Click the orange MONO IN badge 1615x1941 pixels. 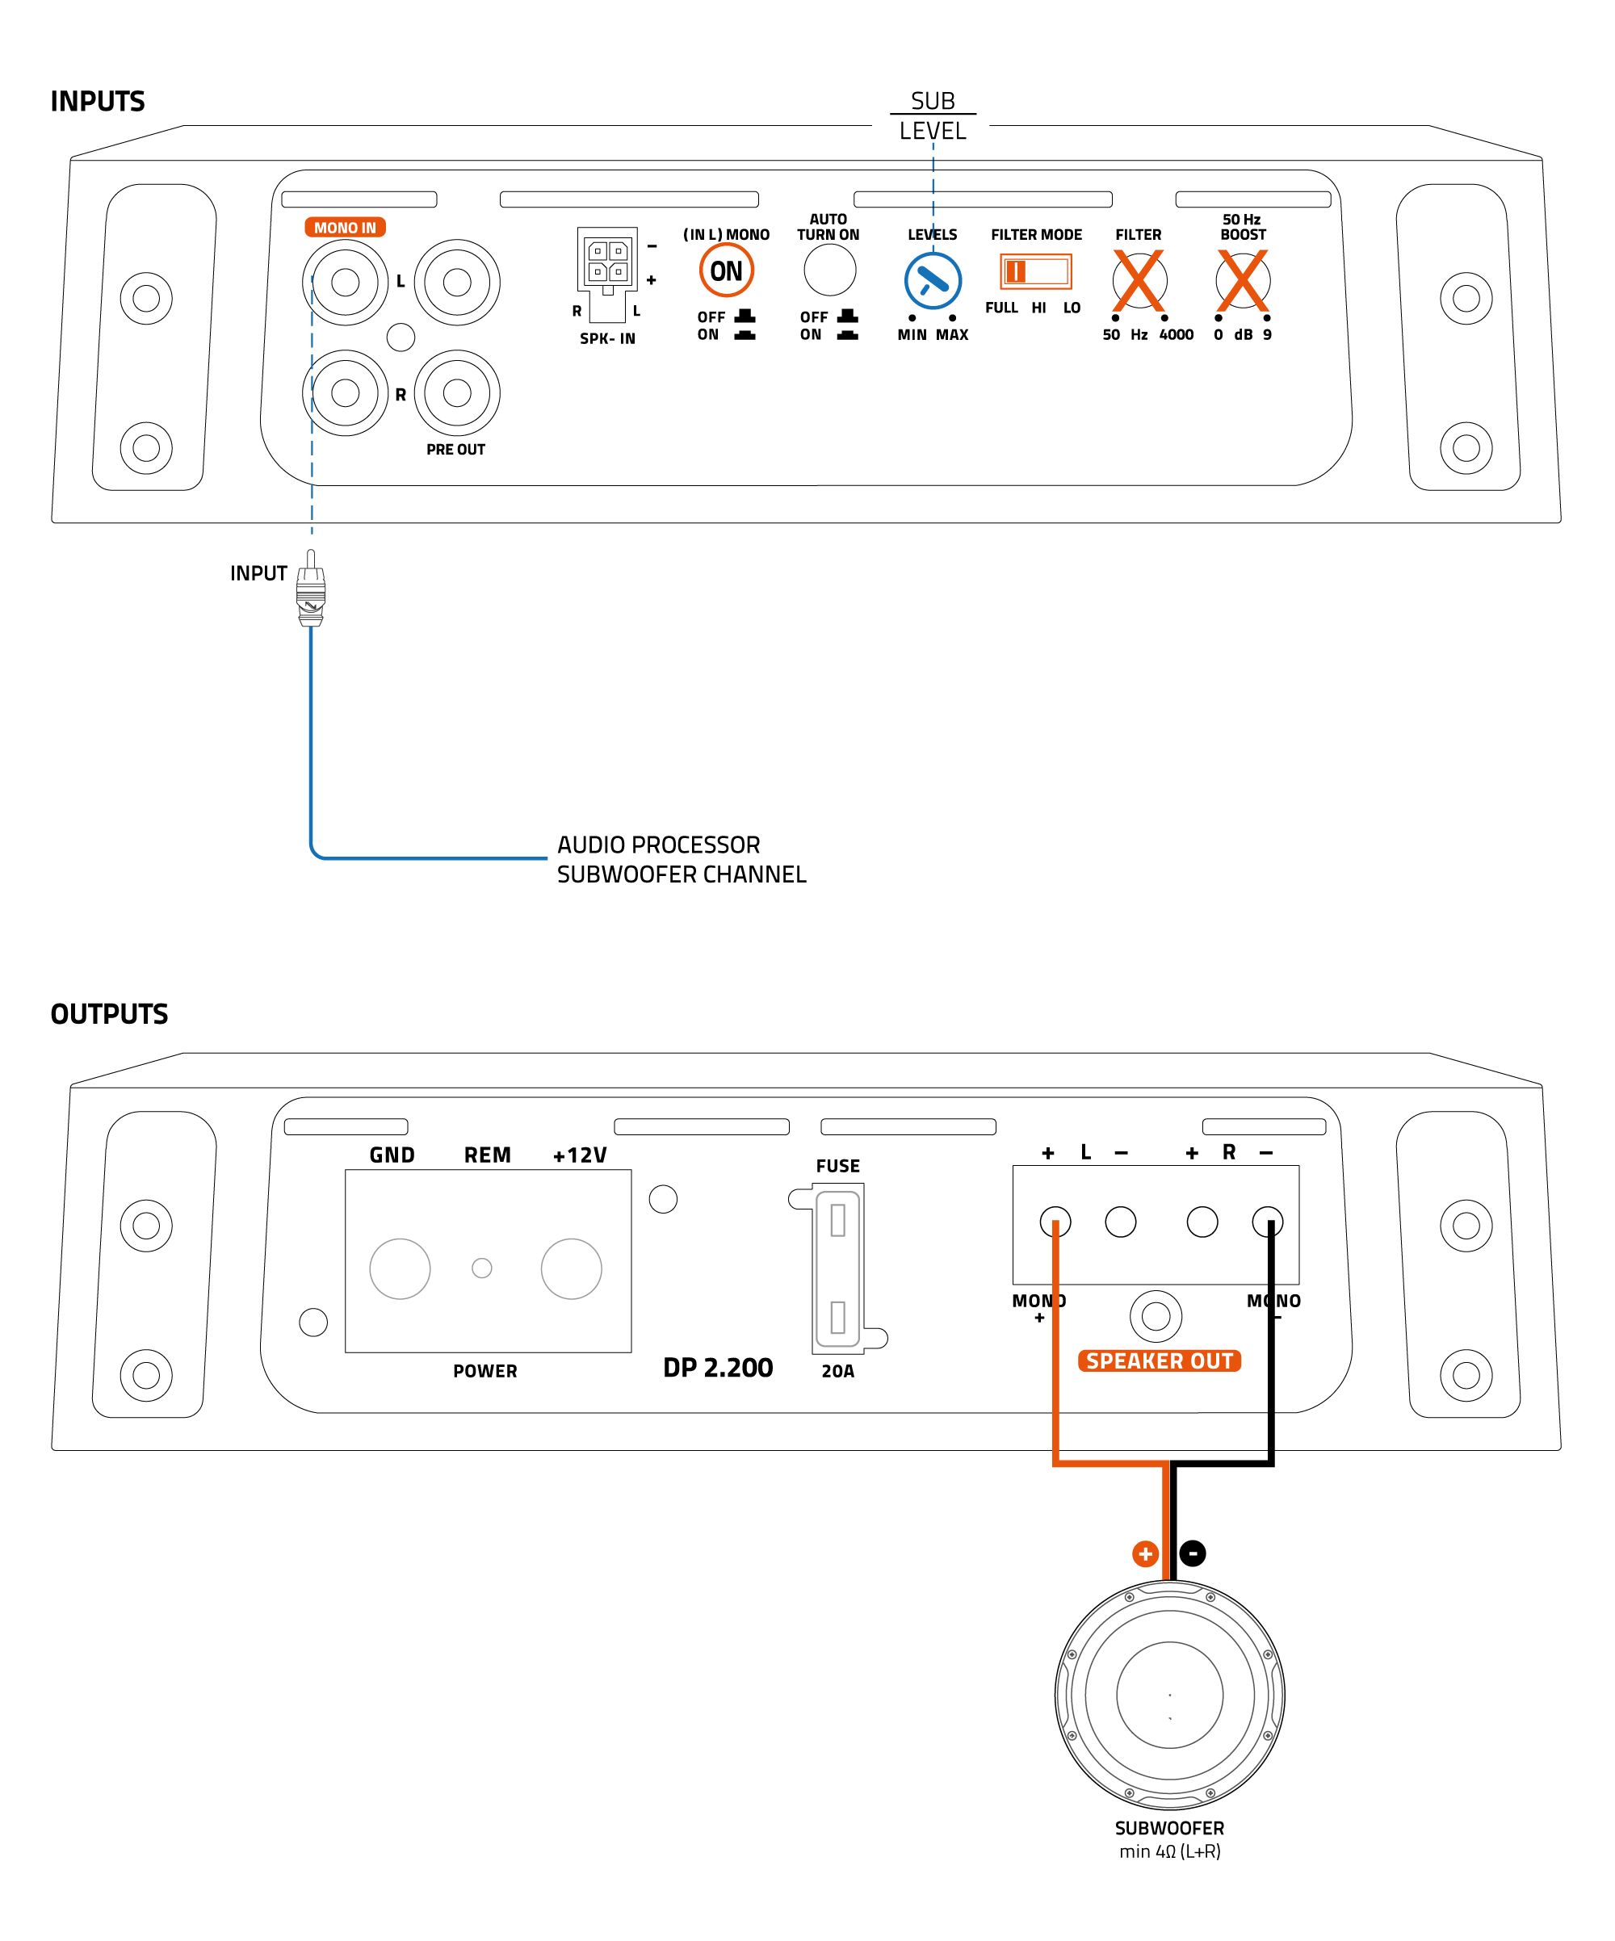(345, 228)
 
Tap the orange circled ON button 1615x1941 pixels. (726, 270)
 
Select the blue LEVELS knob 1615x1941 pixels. (932, 281)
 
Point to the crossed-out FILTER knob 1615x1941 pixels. (1138, 280)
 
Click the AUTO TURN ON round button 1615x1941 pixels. (829, 270)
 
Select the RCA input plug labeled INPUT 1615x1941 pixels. (311, 589)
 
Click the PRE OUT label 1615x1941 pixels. (455, 449)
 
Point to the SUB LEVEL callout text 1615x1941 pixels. (932, 115)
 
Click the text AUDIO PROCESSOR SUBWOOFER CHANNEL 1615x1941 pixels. (681, 858)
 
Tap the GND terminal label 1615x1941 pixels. (392, 1155)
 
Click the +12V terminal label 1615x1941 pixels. (580, 1155)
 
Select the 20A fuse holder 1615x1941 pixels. (837, 1268)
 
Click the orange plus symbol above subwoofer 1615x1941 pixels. (1144, 1553)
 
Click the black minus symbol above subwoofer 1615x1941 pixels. (1193, 1553)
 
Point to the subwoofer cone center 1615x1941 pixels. (1168, 1694)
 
